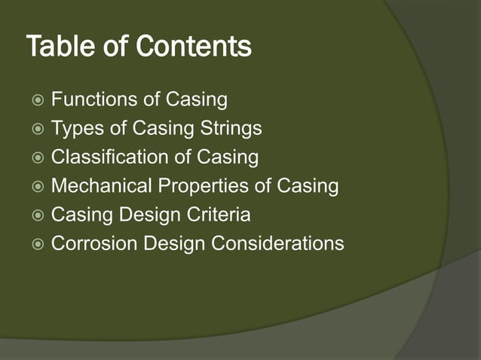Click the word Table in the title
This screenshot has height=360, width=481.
pyautogui.click(x=57, y=47)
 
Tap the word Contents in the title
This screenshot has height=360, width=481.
pyautogui.click(x=194, y=47)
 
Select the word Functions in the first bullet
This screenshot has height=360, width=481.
pyautogui.click(x=90, y=99)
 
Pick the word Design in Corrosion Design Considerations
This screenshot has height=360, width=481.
pyautogui.click(x=173, y=243)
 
